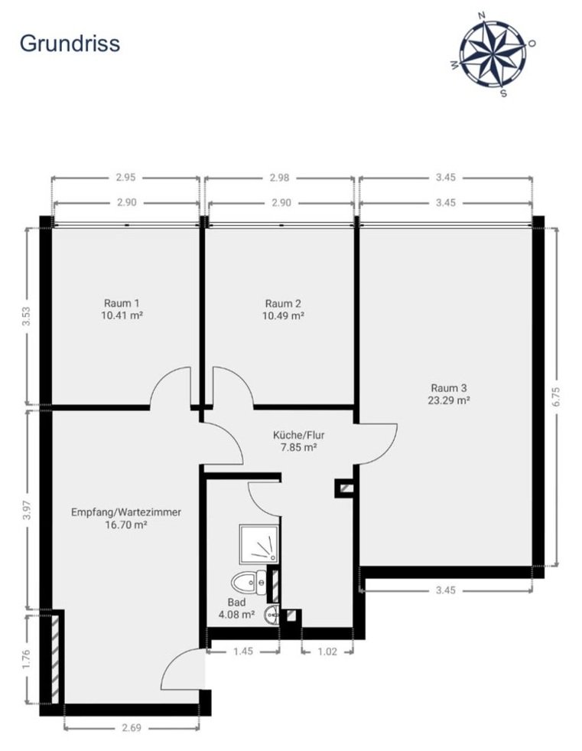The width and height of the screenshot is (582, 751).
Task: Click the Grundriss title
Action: tap(70, 44)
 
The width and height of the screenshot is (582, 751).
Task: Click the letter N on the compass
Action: tap(482, 15)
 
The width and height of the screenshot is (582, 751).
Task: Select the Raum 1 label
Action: tap(122, 303)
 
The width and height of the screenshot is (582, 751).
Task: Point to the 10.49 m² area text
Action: tap(283, 315)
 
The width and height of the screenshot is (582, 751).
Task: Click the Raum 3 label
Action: tap(448, 388)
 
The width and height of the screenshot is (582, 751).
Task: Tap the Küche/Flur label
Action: tap(299, 436)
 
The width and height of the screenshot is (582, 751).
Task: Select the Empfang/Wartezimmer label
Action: tap(126, 512)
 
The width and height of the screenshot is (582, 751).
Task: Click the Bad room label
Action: tap(236, 602)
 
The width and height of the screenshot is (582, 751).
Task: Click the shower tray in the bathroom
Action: tap(259, 544)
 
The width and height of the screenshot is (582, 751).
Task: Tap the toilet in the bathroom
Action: tap(249, 583)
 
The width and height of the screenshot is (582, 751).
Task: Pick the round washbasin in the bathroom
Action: tap(271, 615)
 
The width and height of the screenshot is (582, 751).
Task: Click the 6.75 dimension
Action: tap(556, 397)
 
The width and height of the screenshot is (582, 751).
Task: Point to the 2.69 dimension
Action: tap(131, 727)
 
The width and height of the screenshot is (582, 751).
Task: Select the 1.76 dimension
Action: tap(27, 659)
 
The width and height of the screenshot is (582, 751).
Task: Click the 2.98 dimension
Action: tap(279, 178)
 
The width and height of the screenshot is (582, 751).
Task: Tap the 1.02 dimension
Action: tap(327, 651)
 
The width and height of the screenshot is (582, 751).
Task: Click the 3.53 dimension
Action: tap(27, 316)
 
